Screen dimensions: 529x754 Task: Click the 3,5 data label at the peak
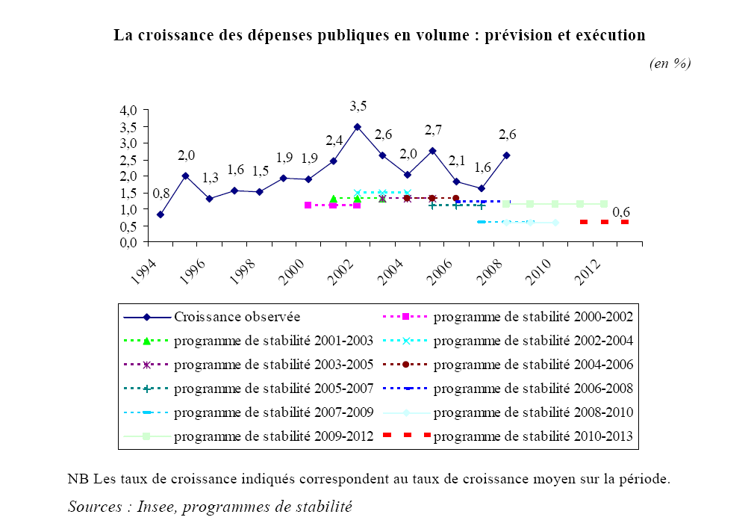point(359,105)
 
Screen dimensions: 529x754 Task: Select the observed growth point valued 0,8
point(161,214)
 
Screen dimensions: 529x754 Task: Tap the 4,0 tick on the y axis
point(128,110)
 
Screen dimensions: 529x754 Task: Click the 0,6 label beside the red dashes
point(621,213)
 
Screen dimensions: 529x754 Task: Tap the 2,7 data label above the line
point(434,130)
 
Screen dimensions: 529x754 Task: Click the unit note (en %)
point(670,64)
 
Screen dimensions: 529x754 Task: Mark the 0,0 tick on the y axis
point(128,243)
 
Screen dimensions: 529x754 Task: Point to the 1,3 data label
point(211,178)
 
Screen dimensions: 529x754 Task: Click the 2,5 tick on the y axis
point(128,160)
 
